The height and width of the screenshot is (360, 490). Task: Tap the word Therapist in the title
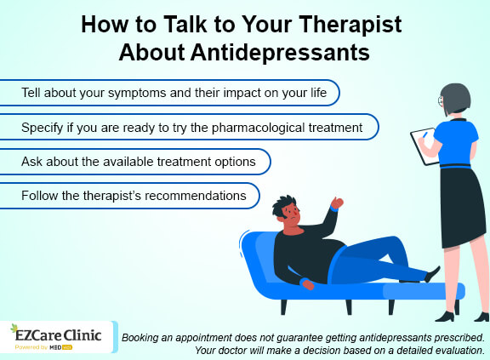[x=344, y=23]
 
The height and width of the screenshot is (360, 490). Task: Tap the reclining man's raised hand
[x=337, y=203]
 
